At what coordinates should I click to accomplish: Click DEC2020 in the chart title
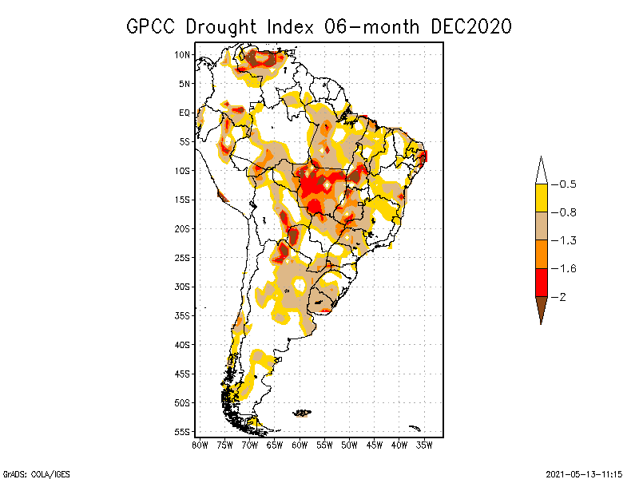pos(470,26)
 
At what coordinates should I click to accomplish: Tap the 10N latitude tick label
pos(183,54)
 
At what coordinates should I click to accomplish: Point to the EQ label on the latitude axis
pos(185,113)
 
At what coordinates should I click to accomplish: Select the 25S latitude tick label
pos(183,257)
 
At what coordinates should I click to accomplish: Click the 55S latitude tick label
pos(183,432)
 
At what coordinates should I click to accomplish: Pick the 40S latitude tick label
pos(183,345)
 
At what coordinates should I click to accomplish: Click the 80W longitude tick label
pos(200,445)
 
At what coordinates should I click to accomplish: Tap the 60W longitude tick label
pos(300,445)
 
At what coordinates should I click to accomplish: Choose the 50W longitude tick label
pos(349,445)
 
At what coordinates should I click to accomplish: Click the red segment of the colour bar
pos(541,282)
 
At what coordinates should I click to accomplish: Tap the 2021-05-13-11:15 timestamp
pos(583,473)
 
